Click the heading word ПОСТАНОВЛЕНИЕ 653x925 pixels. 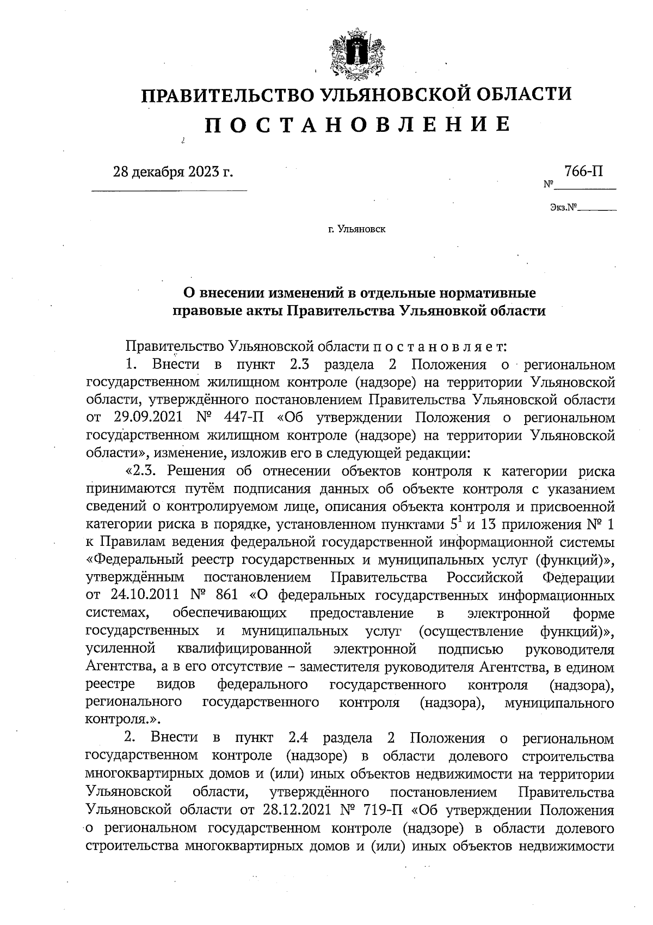[x=358, y=125]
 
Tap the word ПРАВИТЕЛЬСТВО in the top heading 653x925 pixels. [x=227, y=94]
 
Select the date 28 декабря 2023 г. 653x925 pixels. [x=173, y=172]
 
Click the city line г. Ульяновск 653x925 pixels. [x=356, y=229]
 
